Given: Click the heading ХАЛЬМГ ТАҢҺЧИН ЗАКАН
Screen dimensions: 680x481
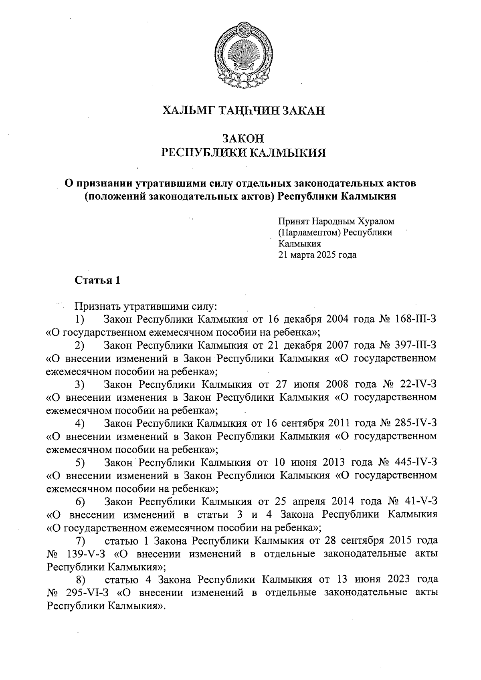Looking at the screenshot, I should click(x=243, y=110).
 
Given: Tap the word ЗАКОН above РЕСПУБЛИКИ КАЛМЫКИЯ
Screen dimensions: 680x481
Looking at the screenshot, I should click(x=243, y=139).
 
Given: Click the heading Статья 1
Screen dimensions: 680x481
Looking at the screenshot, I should click(x=97, y=280).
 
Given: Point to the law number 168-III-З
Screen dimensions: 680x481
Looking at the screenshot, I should click(x=415, y=319).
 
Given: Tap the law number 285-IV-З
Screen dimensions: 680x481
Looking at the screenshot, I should click(x=415, y=423).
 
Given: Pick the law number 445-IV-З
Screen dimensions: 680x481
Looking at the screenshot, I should click(x=415, y=462).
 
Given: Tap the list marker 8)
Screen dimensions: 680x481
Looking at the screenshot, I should click(x=81, y=580).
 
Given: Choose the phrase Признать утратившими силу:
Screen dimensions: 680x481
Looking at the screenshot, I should click(x=146, y=307).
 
